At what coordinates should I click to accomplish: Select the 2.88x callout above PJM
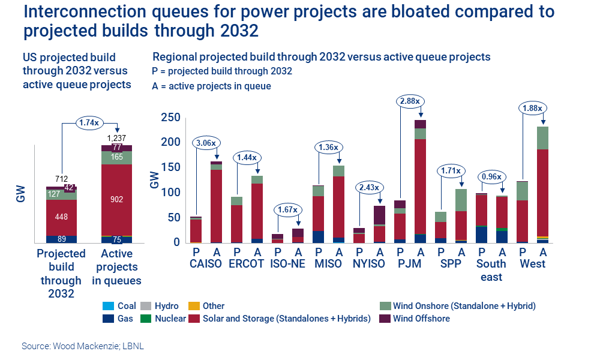click(x=410, y=100)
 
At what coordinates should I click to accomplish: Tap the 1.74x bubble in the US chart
click(x=89, y=123)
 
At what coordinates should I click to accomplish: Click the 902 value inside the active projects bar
click(x=117, y=200)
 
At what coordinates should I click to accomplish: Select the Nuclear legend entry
click(x=170, y=319)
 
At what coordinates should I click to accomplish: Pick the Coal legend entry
click(x=127, y=305)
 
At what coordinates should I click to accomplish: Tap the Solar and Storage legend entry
click(x=286, y=319)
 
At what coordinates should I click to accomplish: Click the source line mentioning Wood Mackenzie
click(x=83, y=346)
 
